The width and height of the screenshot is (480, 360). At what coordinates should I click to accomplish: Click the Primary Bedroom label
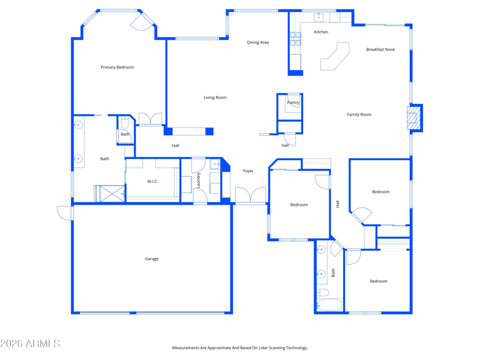117,67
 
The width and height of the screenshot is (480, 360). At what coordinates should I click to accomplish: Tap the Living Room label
215,98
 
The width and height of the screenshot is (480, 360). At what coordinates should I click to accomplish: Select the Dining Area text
258,43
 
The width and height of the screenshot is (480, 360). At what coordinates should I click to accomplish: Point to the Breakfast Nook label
380,50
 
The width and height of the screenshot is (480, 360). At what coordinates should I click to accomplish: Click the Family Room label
359,115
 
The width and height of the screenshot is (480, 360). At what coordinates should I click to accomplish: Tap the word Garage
152,259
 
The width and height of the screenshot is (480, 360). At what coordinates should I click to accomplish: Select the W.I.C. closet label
152,182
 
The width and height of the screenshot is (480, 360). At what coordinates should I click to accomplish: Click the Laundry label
198,181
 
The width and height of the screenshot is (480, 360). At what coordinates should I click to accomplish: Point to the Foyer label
248,171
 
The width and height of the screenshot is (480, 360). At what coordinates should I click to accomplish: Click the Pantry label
293,103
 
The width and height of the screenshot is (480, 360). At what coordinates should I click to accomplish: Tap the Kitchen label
321,32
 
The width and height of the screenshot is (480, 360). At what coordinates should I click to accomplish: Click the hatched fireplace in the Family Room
413,118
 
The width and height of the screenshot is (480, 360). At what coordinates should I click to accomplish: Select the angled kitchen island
335,56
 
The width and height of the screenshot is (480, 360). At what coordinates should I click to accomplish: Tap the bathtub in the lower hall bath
329,305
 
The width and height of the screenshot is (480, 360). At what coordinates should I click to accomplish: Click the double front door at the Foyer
250,194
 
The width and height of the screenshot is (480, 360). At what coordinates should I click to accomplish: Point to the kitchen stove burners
295,39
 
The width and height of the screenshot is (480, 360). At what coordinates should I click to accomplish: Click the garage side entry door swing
65,213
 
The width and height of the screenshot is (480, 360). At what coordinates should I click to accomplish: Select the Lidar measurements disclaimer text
239,348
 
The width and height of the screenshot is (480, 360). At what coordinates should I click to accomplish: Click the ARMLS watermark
30,343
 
